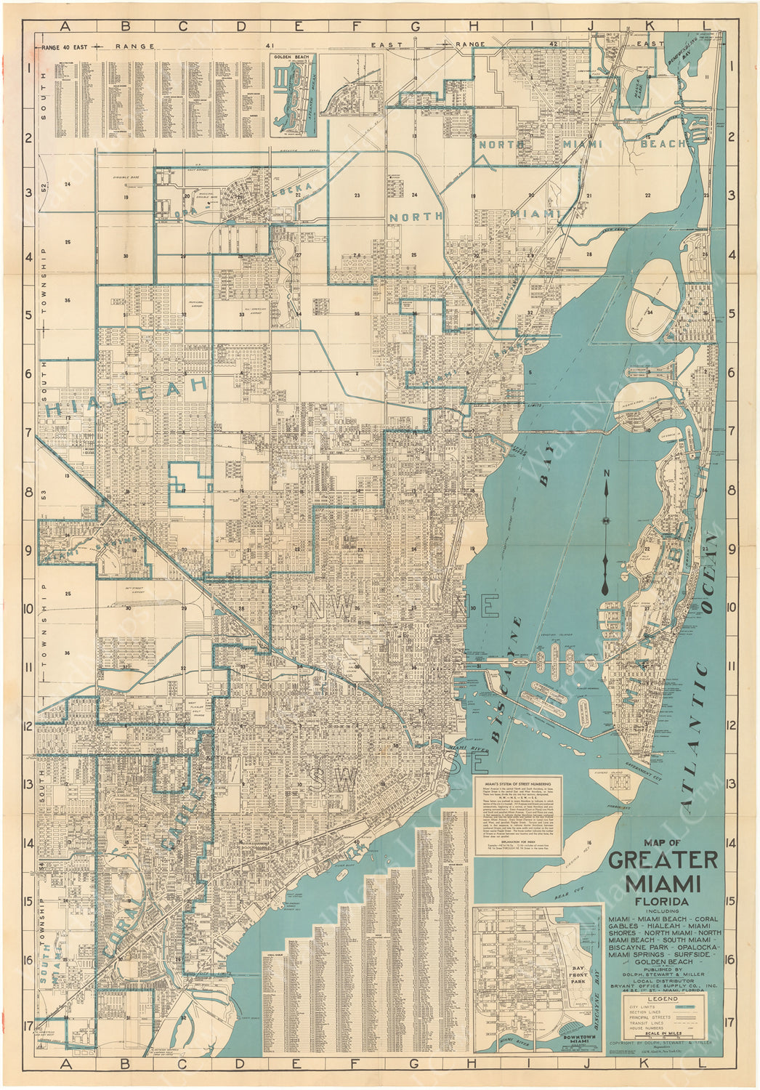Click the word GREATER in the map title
pos(663,860)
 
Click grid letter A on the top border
pos(66,27)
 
